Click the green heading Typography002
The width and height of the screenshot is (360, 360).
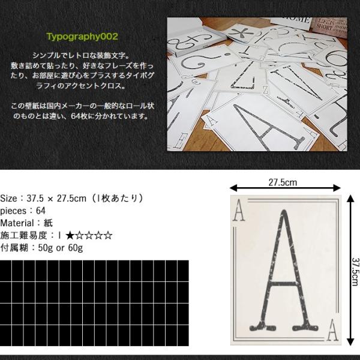(82, 36)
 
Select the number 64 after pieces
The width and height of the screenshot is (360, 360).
(41, 211)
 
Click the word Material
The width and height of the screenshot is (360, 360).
(19, 223)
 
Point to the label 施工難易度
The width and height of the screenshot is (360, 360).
(26, 236)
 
